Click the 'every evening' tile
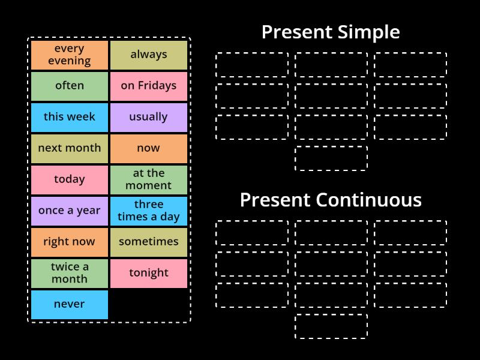pos(70,55)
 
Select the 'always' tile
pos(149,55)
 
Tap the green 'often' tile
pos(70,86)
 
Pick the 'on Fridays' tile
pos(149,86)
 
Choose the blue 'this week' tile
pos(70,117)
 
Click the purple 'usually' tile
pos(149,117)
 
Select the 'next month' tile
pos(70,148)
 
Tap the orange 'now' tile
pos(149,148)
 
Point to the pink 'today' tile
pos(70,179)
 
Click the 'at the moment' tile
pos(149,179)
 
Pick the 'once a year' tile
pos(70,211)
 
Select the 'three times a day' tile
pos(149,211)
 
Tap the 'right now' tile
pos(70,242)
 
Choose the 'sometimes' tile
pos(149,242)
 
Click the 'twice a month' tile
pos(70,273)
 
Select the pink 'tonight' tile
pos(149,273)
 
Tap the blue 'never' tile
pos(70,304)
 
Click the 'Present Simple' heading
pos(331,32)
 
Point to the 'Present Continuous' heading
pos(331,200)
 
